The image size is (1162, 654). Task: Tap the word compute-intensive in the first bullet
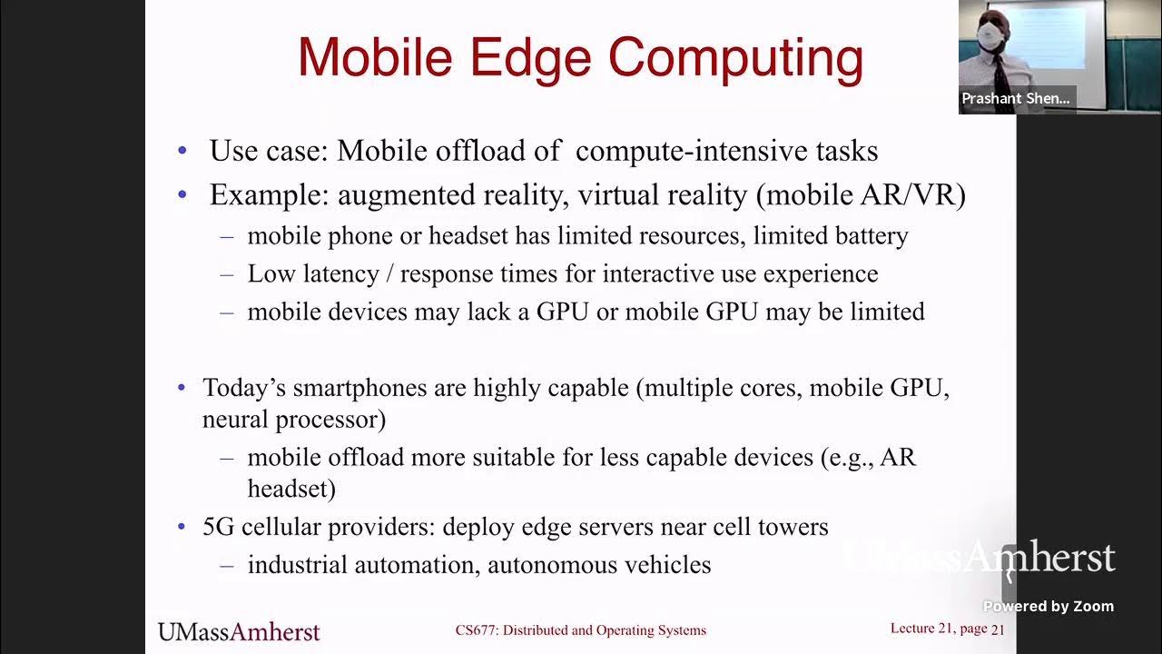pyautogui.click(x=727, y=151)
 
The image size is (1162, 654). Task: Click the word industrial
pyautogui.click(x=297, y=565)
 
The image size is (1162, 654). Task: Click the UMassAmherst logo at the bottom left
pyautogui.click(x=239, y=631)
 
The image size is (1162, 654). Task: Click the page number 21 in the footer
pyautogui.click(x=998, y=629)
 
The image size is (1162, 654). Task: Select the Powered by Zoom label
pyautogui.click(x=1049, y=607)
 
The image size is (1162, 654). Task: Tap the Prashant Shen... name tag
pyautogui.click(x=1016, y=99)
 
